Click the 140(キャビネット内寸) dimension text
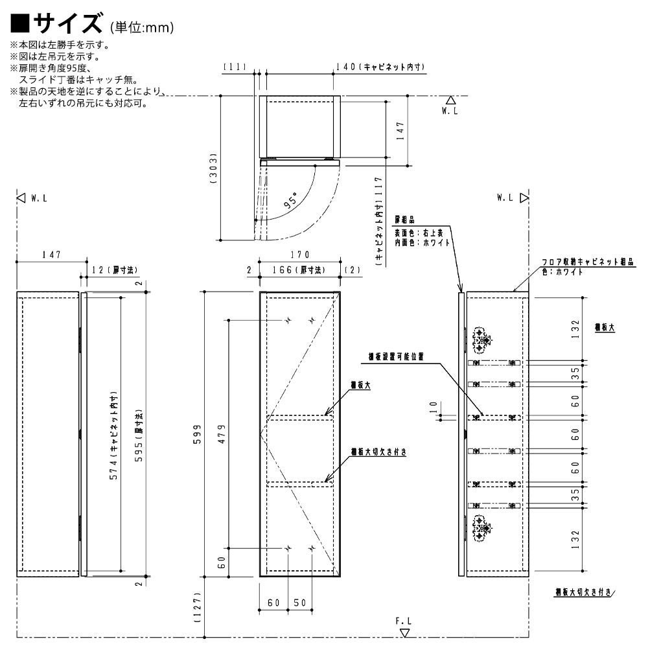[380, 67]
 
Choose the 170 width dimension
[300, 255]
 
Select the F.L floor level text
[403, 621]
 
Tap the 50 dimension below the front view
[299, 603]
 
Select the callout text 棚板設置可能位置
[396, 356]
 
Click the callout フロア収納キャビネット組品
[588, 262]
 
